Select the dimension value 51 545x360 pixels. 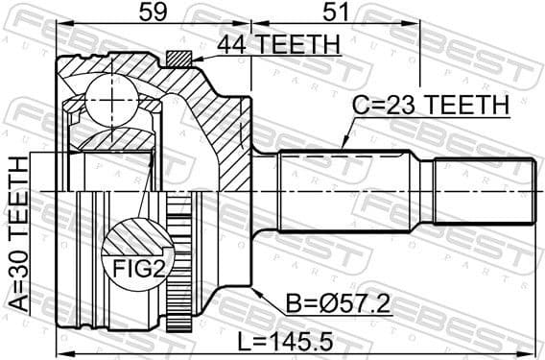(334, 12)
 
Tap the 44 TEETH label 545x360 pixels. (278, 44)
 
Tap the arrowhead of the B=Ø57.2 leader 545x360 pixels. (256, 288)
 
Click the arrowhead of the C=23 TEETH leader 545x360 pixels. (342, 145)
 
